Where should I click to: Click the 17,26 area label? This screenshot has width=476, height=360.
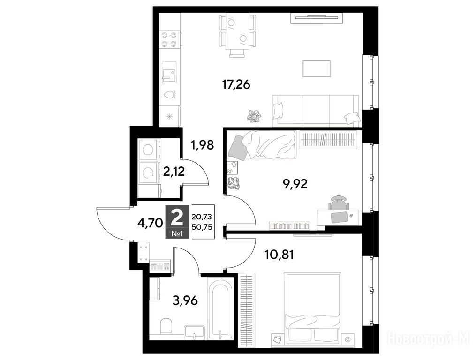236,85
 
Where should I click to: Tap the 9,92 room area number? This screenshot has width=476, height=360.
295,184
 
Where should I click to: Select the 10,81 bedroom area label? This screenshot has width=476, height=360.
279,255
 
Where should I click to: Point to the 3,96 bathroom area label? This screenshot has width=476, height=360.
185,300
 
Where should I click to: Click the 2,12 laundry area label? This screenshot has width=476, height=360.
174,172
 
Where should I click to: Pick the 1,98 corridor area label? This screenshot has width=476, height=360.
203,145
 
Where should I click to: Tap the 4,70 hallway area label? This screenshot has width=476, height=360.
151,223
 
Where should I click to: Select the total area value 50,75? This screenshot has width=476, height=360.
202,227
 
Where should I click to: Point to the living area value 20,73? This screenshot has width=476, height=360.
202,217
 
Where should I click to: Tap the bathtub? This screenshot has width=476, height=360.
220,309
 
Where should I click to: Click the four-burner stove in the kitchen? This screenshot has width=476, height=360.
169,39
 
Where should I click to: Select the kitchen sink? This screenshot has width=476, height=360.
169,72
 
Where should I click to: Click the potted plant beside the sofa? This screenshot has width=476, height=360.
254,116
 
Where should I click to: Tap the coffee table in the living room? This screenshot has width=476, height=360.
317,69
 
